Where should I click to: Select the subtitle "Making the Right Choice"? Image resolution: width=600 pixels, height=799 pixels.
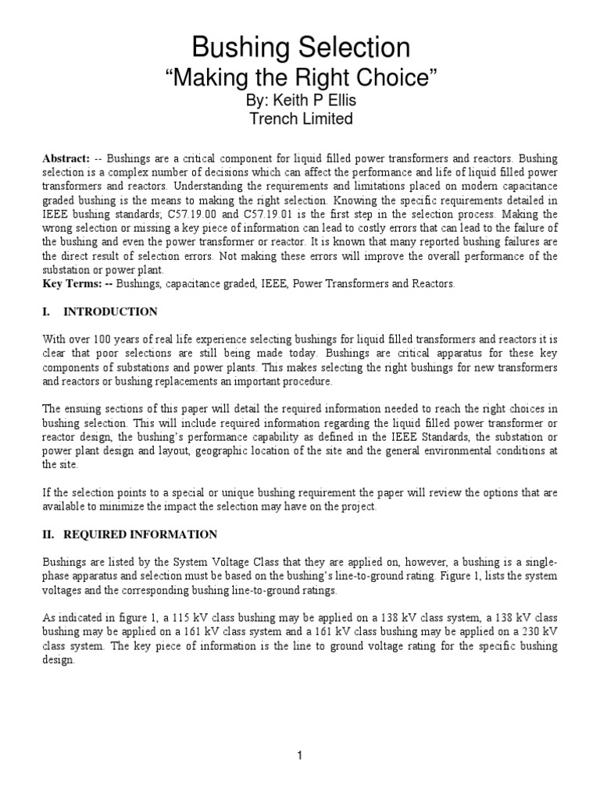(x=300, y=79)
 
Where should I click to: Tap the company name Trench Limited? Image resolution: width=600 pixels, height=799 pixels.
(x=300, y=119)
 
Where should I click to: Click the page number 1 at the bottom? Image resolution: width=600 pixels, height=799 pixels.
(x=300, y=755)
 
